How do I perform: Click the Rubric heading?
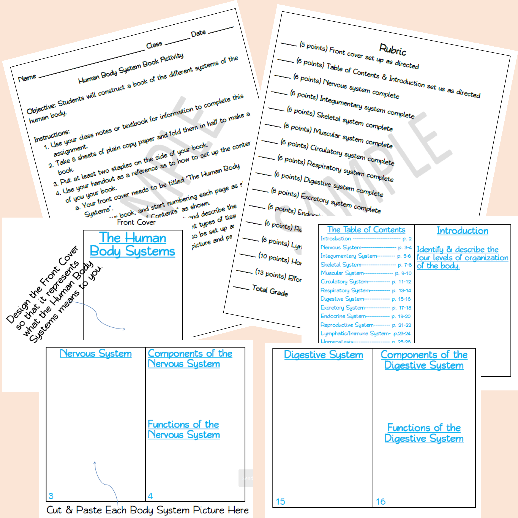click(393, 50)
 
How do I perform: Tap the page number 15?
click(280, 501)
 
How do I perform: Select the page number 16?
click(381, 501)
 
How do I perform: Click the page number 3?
click(51, 496)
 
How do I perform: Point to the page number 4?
click(150, 496)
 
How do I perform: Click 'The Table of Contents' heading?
click(366, 230)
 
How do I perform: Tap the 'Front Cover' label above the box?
click(136, 222)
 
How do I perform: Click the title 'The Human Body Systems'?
click(133, 245)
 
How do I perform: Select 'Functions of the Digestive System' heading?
click(424, 433)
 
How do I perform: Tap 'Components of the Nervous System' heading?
click(190, 358)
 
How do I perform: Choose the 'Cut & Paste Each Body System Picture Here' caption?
click(147, 510)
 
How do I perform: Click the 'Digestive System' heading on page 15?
click(323, 355)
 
